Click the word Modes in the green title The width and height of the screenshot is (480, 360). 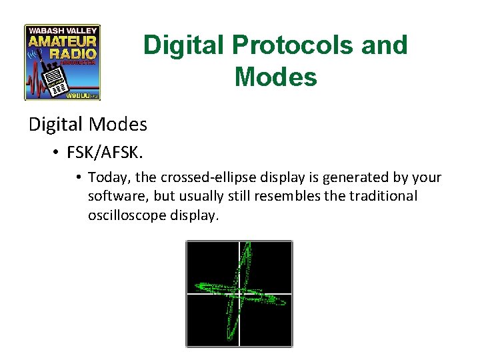point(275,77)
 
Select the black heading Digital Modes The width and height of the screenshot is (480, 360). point(87,124)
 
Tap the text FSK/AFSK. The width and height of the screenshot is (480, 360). point(103,153)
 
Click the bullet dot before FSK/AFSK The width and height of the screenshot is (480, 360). point(55,153)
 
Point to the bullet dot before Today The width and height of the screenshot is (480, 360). point(78,178)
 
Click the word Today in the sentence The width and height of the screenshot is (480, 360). point(105,177)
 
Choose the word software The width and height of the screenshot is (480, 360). point(115,197)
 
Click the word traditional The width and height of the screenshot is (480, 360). point(379,197)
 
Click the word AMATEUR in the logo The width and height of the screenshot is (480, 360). point(63,41)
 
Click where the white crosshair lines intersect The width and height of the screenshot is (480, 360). point(239,292)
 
